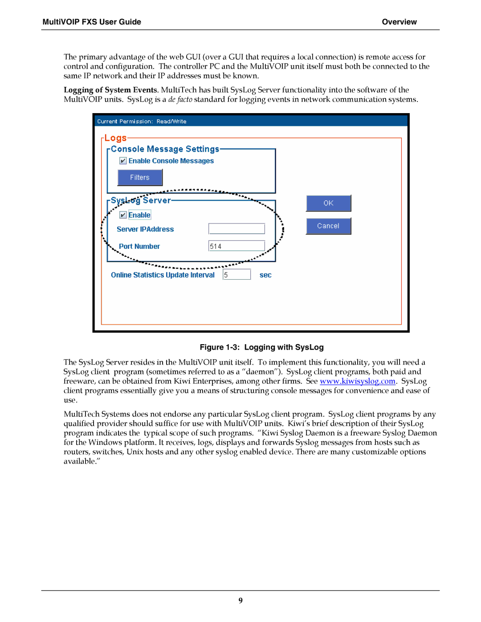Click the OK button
[328, 203]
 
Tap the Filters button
[140, 178]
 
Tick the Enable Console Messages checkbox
[123, 161]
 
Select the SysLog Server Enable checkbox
[123, 215]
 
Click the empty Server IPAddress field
[236, 229]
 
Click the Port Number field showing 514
[236, 246]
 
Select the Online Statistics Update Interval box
[236, 275]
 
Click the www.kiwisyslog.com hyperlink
[358, 381]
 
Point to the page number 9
[240, 600]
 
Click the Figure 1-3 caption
[261, 347]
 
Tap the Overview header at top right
[399, 22]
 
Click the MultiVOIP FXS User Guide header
[92, 22]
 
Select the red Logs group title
[115, 138]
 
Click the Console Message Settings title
[165, 149]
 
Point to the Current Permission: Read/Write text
[142, 122]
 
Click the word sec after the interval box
[265, 275]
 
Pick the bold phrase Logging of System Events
[110, 90]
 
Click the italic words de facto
[180, 99]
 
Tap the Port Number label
[139, 247]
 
